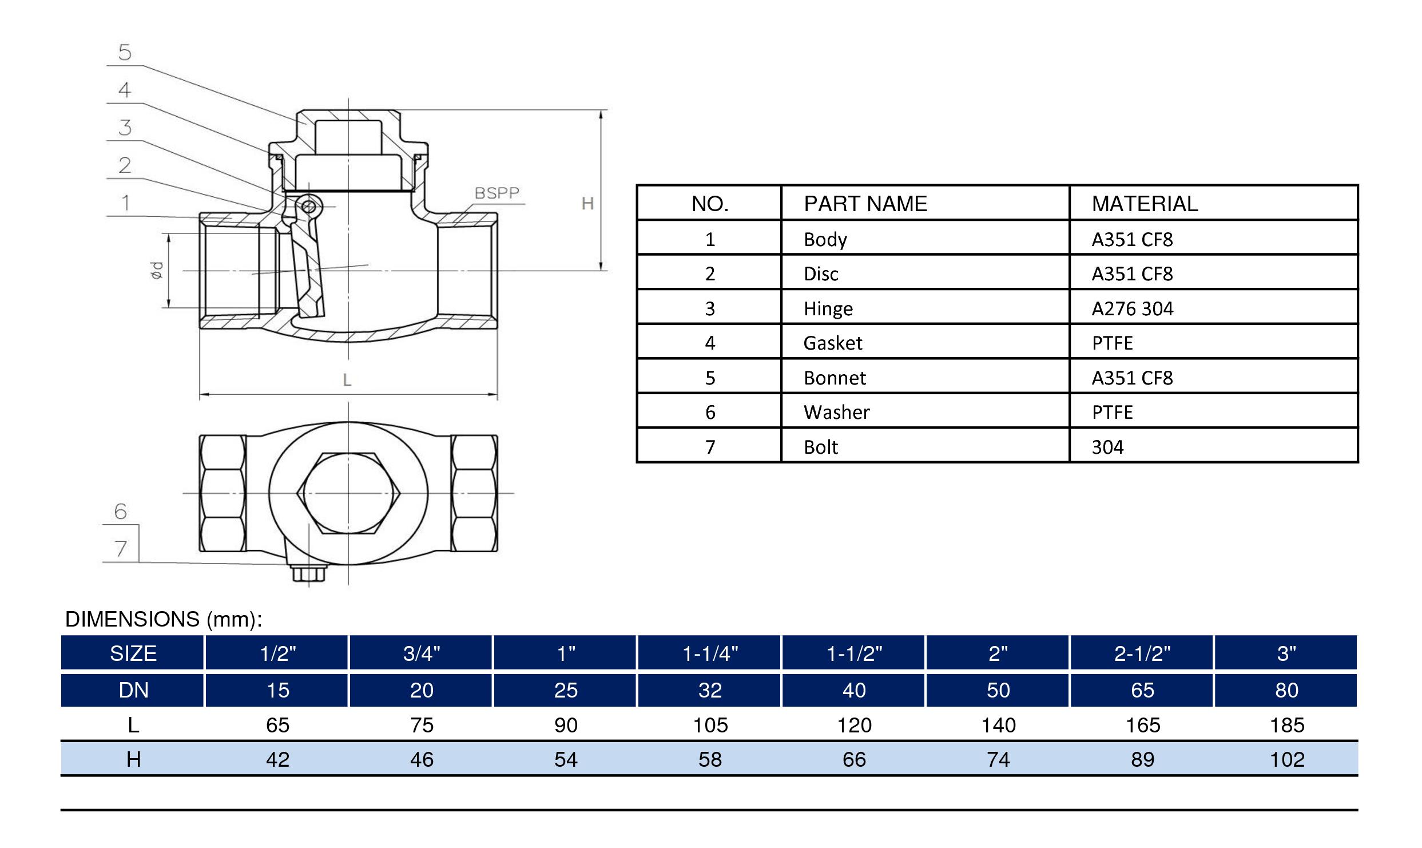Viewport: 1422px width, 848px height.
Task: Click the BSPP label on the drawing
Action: coord(496,193)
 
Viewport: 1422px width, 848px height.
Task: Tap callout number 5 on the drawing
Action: coord(125,53)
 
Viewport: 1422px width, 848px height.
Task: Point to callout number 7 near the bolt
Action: coord(121,549)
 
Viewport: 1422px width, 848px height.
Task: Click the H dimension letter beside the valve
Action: coord(587,204)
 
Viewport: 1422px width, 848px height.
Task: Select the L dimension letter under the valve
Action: coord(347,381)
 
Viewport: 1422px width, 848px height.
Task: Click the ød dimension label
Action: coord(157,270)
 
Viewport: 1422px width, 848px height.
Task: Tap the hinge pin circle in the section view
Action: coord(308,207)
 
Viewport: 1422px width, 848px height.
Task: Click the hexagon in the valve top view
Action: coord(348,493)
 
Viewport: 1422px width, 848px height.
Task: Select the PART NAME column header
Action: coord(865,204)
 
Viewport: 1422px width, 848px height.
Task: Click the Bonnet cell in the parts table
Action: coord(835,378)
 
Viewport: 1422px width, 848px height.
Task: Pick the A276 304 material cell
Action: coord(1132,309)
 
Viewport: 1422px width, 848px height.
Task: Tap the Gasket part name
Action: coord(832,343)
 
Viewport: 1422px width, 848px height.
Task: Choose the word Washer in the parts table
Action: coord(836,412)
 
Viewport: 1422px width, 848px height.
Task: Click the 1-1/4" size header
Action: coord(710,653)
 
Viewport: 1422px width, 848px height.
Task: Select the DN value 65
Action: coord(1142,690)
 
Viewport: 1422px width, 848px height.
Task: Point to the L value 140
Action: coord(998,726)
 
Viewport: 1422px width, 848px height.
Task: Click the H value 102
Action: coord(1287,760)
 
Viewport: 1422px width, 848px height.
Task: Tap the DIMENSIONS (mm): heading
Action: coord(164,619)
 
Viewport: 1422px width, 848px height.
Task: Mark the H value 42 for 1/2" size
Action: coord(277,760)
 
